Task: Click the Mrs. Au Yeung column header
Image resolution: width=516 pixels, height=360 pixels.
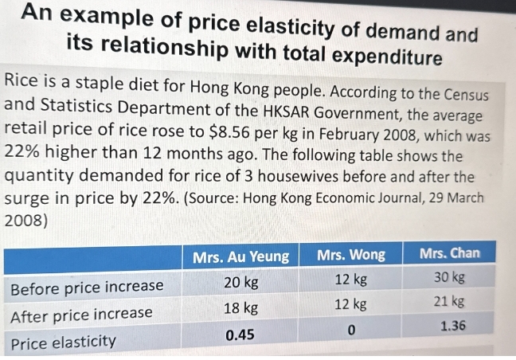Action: tap(241, 256)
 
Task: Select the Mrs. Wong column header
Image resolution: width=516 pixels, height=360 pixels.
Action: tap(350, 255)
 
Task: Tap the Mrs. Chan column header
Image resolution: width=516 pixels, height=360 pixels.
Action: tap(450, 253)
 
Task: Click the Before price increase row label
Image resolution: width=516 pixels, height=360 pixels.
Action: tap(87, 285)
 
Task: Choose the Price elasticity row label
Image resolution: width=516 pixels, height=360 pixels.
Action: tap(63, 342)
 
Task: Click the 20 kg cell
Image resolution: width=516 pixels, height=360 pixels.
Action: tap(240, 283)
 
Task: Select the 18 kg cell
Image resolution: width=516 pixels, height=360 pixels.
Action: tap(240, 307)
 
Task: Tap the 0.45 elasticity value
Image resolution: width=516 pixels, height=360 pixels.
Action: tap(240, 335)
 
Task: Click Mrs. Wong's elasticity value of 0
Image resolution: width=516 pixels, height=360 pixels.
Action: tap(350, 331)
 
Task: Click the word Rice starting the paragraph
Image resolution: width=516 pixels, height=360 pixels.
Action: tap(22, 80)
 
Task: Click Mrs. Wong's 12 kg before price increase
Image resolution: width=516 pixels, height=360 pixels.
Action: tap(350, 280)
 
